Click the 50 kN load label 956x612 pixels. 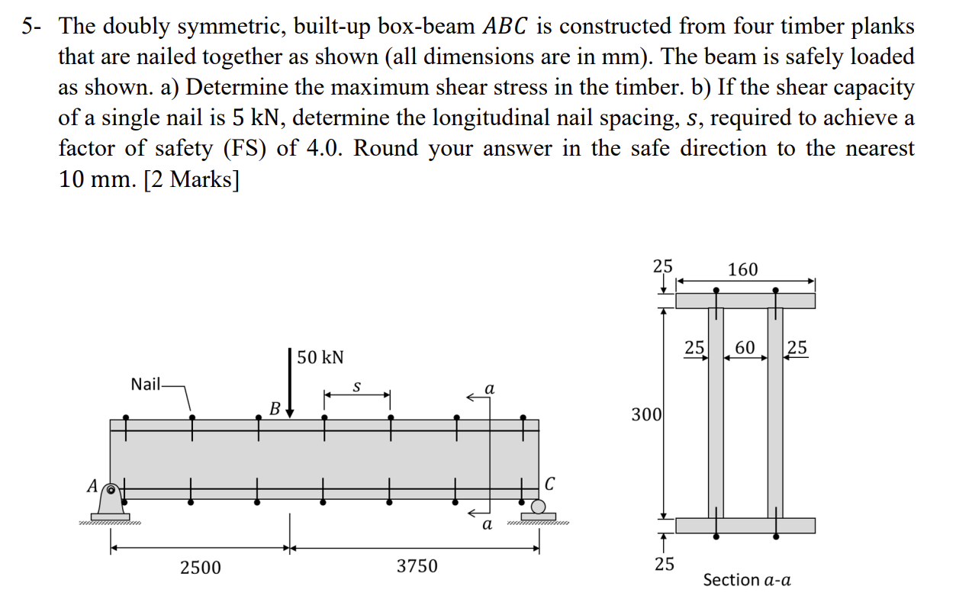pos(320,357)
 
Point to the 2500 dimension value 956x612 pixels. pos(200,567)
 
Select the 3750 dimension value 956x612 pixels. pos(417,567)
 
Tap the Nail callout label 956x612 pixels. pos(145,384)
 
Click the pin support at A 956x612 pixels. pos(114,499)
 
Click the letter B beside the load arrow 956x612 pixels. pos(273,408)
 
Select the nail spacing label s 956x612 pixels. pos(356,387)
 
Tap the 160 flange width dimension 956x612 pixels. pos(743,269)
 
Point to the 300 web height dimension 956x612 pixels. pos(645,414)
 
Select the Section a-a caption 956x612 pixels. pos(746,580)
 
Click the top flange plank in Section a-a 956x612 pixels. pos(745,300)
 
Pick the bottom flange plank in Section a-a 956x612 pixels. pos(745,525)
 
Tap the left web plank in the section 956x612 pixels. pos(716,412)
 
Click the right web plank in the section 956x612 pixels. pos(775,412)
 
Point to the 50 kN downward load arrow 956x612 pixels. pos(290,382)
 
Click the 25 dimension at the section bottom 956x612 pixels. pos(664,565)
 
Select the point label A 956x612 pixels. pos(92,485)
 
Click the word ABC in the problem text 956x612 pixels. pos(507,27)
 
